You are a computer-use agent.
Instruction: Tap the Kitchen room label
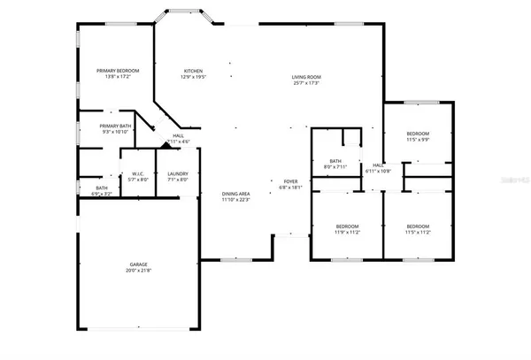(x=193, y=71)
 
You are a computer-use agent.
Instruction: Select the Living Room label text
(x=306, y=78)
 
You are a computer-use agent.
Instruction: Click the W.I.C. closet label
(x=138, y=173)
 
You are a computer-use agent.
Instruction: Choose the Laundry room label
(x=178, y=173)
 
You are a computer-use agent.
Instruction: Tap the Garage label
(x=138, y=264)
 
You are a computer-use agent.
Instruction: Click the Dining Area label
(x=235, y=194)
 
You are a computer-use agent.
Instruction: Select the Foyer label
(x=291, y=180)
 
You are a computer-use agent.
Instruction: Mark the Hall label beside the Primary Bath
(x=178, y=136)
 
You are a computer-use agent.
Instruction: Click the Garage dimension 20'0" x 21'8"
(x=138, y=270)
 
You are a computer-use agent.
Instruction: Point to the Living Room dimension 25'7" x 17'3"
(x=306, y=84)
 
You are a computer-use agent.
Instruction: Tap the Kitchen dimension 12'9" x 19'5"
(x=193, y=77)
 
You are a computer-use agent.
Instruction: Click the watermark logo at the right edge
(x=516, y=180)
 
